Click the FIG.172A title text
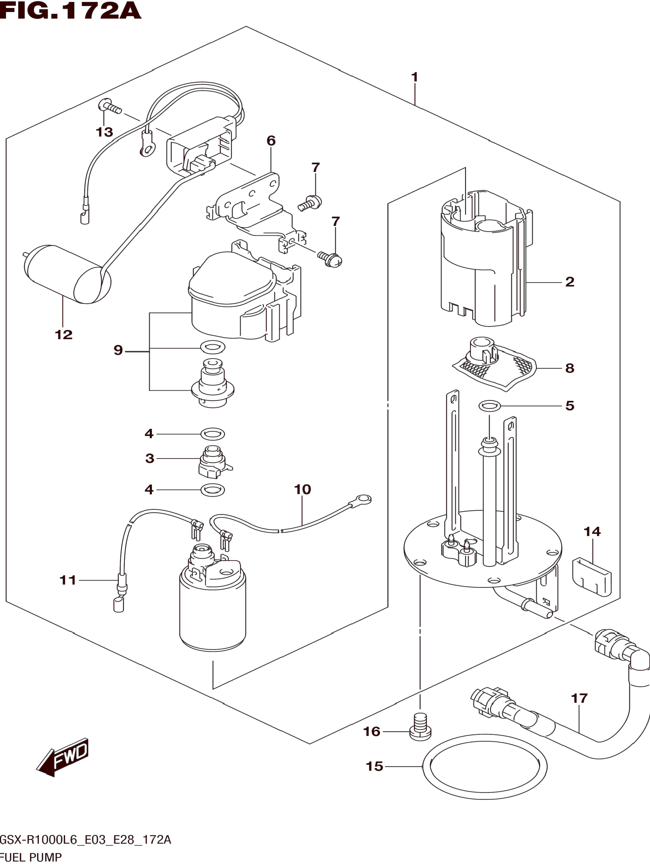coord(70,11)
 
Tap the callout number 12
coord(64,335)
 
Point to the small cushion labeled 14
coord(591,577)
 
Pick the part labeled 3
coord(214,462)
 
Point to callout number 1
coord(415,77)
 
